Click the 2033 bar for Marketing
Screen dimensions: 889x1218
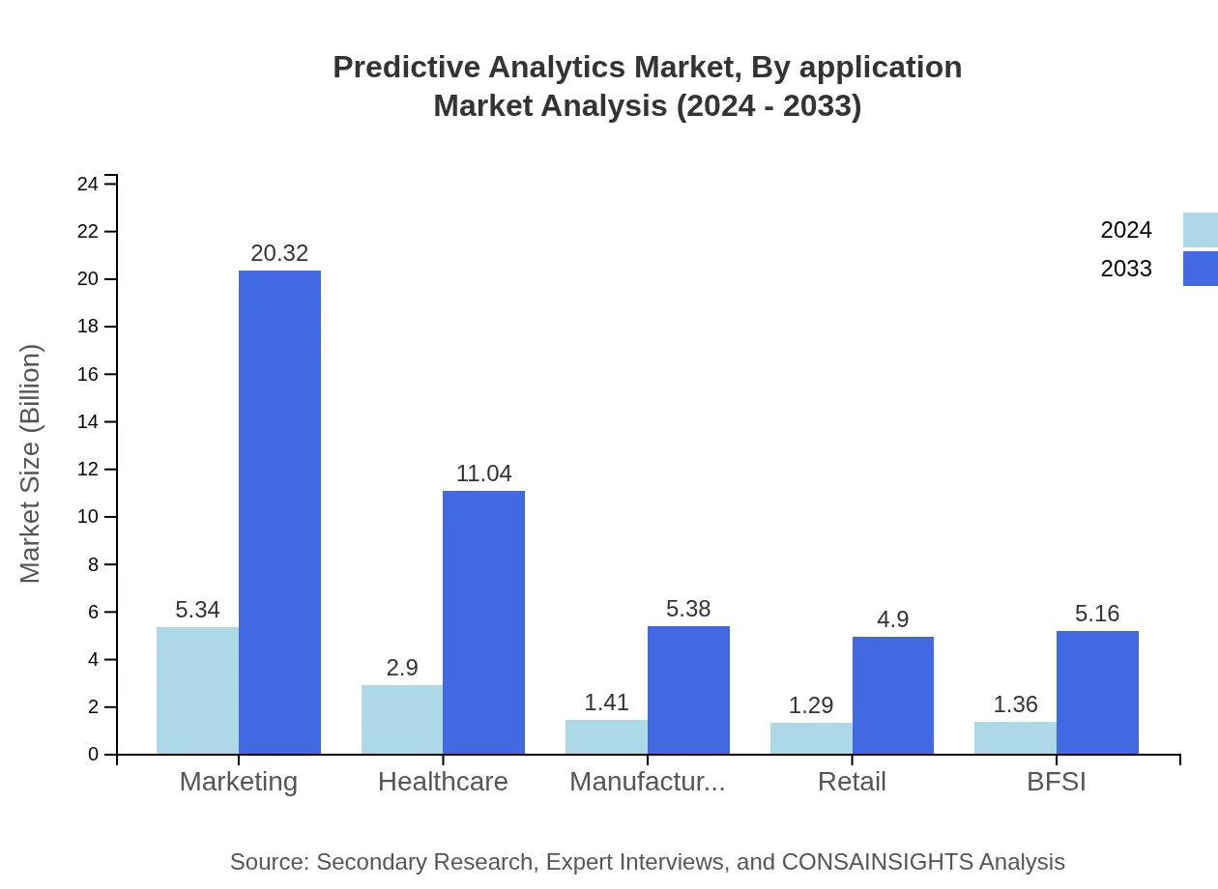click(x=279, y=512)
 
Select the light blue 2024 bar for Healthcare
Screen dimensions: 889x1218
click(x=402, y=720)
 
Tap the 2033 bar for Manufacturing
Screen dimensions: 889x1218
click(x=688, y=690)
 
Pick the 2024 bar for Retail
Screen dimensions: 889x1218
click(x=811, y=738)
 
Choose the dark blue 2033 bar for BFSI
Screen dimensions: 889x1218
click(x=1097, y=692)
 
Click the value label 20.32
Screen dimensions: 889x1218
click(x=279, y=253)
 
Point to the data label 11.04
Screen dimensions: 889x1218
click(x=483, y=473)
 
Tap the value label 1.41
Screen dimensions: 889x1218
click(x=606, y=703)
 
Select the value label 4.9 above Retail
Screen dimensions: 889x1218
click(x=892, y=619)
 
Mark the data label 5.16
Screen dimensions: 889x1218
click(x=1097, y=614)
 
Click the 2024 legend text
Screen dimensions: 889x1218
click(x=1126, y=230)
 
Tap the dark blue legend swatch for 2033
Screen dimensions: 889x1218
click(x=1200, y=269)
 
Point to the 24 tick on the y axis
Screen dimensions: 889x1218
click(x=88, y=184)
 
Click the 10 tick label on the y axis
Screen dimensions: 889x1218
click(x=88, y=517)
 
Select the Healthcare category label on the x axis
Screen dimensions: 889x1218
click(x=443, y=782)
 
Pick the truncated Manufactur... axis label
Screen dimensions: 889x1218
click(x=647, y=782)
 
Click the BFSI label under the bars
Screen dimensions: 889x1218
click(x=1057, y=782)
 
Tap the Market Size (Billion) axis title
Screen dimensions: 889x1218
click(x=31, y=464)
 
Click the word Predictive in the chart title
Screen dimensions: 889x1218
click(x=406, y=68)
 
